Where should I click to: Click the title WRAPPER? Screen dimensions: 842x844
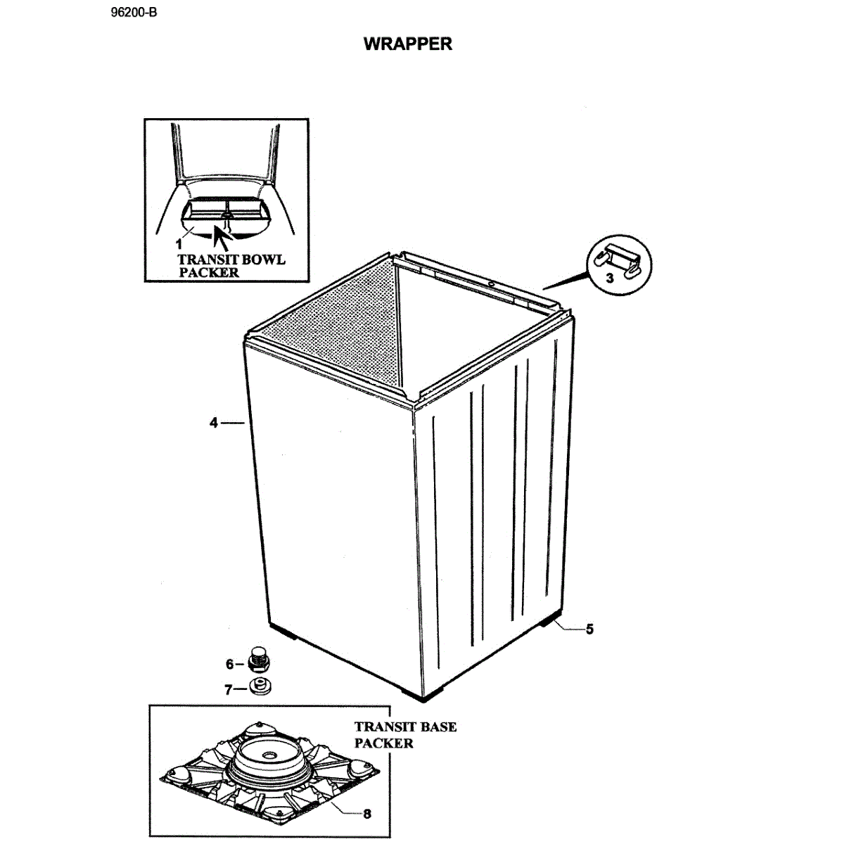407,44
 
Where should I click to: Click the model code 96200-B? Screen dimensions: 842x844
134,13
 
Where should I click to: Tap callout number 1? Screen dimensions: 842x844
179,244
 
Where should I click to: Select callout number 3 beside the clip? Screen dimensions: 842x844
610,278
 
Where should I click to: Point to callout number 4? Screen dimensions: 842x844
213,423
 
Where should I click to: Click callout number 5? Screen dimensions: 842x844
589,629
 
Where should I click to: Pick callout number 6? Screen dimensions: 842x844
229,663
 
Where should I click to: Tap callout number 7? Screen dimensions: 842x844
228,690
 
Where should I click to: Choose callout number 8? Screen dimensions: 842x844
366,814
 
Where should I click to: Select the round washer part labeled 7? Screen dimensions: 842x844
260,686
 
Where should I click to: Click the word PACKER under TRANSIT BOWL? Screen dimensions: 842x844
208,272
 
